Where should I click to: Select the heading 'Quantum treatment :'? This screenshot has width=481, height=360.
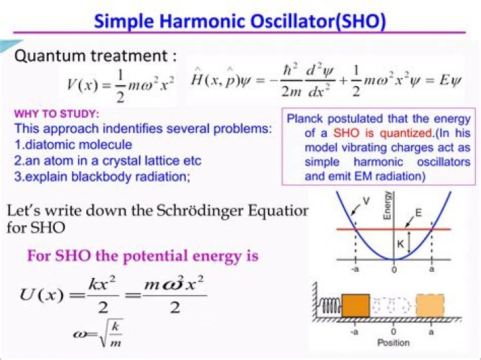pos(96,55)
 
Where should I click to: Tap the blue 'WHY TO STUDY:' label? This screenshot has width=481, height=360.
pos(57,114)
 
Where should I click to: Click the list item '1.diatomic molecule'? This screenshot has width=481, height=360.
pos(73,144)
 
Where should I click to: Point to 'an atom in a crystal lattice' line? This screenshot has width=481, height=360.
pos(107,160)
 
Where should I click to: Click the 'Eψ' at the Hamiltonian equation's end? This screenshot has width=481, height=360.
pos(455,83)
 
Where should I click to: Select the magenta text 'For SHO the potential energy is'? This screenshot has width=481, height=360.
pos(142,256)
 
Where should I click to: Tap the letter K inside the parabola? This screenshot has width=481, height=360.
pos(401,244)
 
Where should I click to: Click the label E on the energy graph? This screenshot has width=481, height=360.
pos(418,212)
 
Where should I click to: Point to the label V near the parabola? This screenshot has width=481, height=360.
pos(365,200)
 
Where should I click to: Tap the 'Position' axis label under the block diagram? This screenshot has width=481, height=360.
pos(393,343)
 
